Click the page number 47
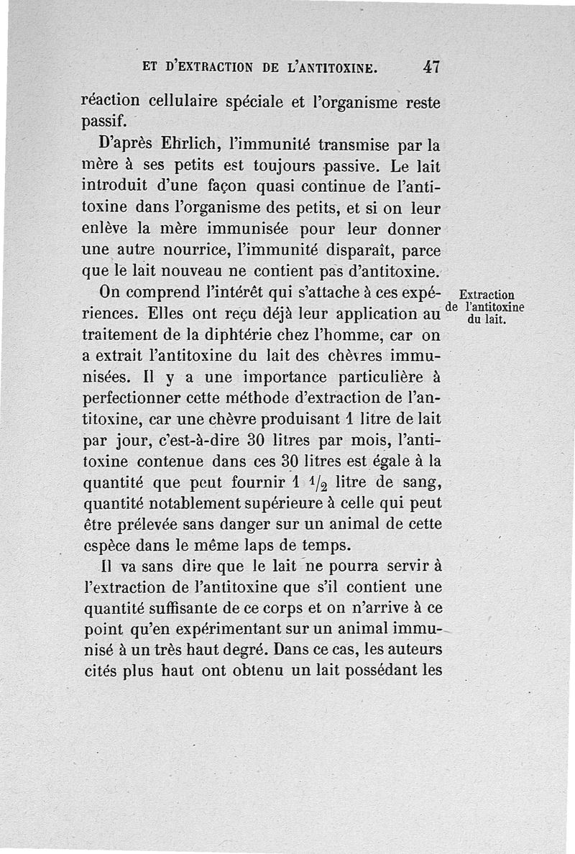[x=431, y=68]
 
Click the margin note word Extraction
[x=486, y=295]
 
